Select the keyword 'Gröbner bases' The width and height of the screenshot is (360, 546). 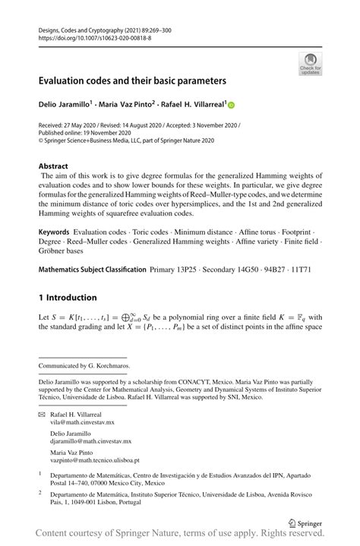pyautogui.click(x=64, y=249)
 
